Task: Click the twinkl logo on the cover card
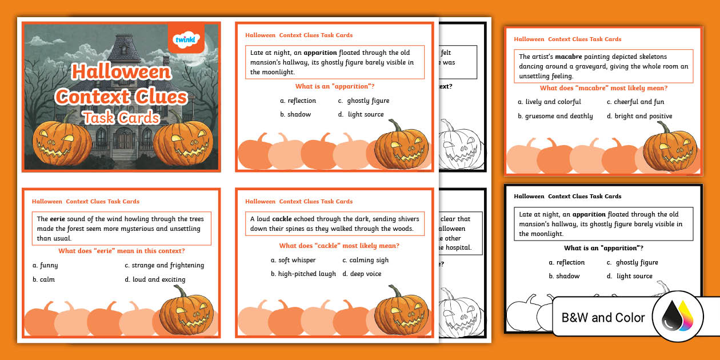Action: coord(185,39)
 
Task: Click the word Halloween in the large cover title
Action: coord(121,71)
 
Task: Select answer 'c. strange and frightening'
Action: coord(164,265)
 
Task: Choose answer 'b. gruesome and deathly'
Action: coord(555,116)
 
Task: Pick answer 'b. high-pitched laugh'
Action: coord(303,274)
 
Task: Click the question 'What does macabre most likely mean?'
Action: coord(603,88)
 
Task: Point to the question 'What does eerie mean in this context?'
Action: coord(121,251)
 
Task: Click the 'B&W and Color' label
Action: coord(603,318)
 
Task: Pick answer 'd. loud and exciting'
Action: coord(155,279)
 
